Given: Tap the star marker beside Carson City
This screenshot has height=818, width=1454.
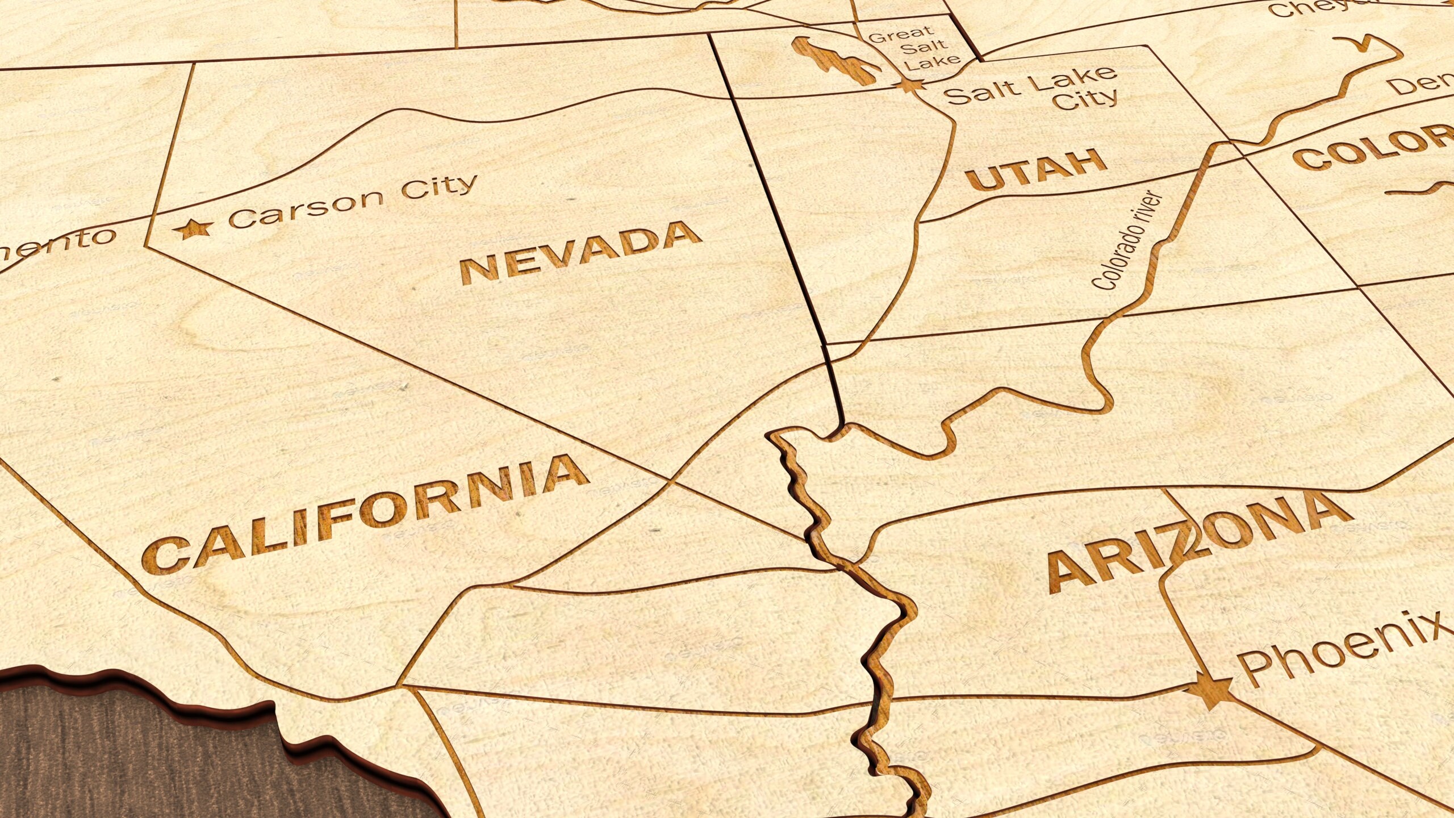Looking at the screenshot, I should [193, 229].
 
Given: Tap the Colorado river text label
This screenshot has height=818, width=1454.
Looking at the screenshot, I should [1127, 241].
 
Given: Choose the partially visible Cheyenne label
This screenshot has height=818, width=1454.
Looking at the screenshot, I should [1318, 8].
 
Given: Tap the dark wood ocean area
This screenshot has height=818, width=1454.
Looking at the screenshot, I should [170, 761].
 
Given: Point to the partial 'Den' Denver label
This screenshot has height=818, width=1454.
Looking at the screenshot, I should [1420, 85].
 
